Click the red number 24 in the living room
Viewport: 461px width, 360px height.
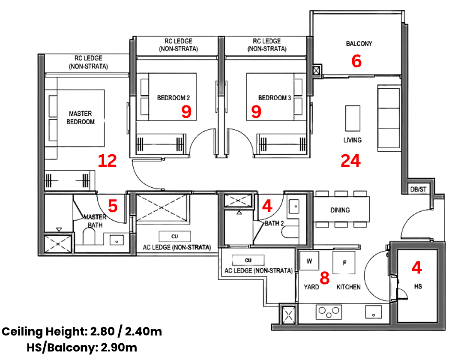click(350, 161)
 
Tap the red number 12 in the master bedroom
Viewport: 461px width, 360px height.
click(107, 161)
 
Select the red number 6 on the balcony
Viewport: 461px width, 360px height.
click(356, 61)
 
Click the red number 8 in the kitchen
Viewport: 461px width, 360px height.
click(324, 278)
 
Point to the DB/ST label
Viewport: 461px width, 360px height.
click(418, 189)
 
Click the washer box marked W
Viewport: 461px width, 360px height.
click(309, 260)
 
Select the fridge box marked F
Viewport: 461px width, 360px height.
click(344, 262)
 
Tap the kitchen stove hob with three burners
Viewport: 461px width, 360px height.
click(329, 312)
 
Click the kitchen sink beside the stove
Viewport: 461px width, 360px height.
click(374, 312)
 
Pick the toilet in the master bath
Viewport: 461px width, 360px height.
click(89, 237)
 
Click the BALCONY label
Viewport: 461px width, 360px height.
click(359, 44)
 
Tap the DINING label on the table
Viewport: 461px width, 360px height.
click(340, 210)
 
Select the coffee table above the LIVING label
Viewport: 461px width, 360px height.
click(353, 118)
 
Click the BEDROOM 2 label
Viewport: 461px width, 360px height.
click(174, 98)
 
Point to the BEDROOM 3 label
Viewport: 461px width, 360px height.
click(275, 98)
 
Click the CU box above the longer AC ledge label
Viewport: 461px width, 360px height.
click(175, 236)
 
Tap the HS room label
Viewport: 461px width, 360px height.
click(418, 286)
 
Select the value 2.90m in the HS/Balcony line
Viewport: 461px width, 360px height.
click(119, 347)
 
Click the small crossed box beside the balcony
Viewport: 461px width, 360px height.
click(316, 71)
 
